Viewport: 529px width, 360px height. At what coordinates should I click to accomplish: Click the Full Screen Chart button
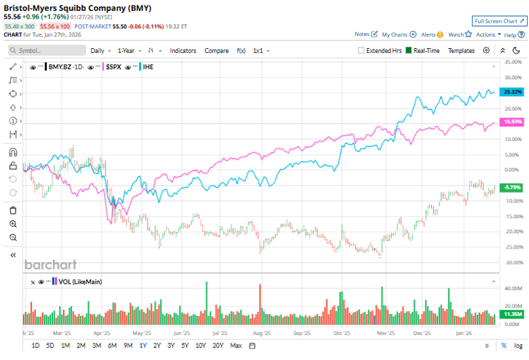(x=499, y=21)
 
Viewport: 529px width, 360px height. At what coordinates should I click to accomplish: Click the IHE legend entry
(x=147, y=67)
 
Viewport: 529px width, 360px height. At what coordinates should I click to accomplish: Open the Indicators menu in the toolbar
(x=183, y=50)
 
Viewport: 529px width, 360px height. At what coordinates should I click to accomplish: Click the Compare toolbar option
(x=216, y=50)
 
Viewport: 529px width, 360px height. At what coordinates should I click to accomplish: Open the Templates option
(x=461, y=50)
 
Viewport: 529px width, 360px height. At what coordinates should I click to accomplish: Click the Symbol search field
(x=45, y=50)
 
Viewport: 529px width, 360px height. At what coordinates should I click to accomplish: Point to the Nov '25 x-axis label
(x=385, y=332)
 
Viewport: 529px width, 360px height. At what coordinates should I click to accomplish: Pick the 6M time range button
(x=112, y=346)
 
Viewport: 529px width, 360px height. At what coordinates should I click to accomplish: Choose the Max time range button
(x=236, y=346)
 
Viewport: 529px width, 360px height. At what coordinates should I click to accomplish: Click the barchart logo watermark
(x=50, y=264)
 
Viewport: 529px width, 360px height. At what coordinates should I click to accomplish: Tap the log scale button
(x=518, y=346)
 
